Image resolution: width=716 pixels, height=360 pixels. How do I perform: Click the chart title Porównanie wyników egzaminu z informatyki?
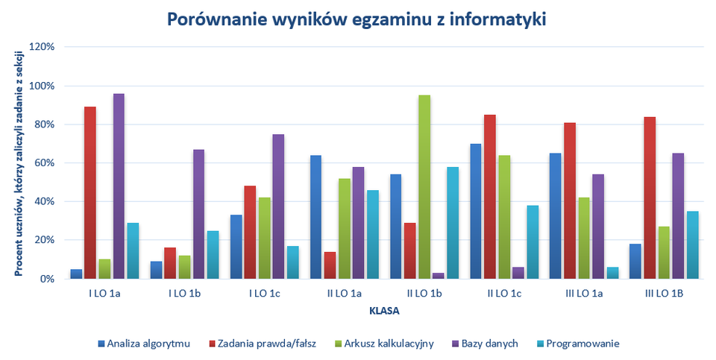point(357,19)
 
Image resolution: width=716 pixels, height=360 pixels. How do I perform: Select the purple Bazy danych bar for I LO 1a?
point(119,186)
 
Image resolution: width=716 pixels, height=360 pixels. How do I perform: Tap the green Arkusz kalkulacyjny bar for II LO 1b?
point(424,187)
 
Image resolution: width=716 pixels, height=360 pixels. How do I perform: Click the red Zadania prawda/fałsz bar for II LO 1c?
point(489,197)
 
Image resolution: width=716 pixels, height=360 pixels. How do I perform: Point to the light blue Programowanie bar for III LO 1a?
point(612,273)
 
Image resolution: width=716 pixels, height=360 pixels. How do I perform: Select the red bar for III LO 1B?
point(649,198)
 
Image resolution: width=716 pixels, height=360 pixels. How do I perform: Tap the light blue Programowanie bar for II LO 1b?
point(453,223)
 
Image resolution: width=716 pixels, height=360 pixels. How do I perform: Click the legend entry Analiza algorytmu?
point(144,344)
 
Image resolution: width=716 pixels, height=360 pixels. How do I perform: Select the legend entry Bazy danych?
point(482,344)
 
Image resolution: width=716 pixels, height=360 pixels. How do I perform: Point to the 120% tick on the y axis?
point(41,47)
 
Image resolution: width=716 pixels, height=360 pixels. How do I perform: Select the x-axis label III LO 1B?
point(663,294)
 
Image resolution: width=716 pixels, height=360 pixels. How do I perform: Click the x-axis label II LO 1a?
point(345,294)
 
